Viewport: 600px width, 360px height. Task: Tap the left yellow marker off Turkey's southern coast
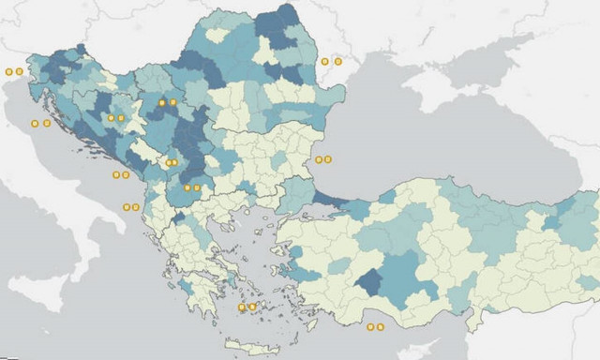coord(370,327)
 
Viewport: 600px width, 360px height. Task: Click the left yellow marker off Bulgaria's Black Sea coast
coord(319,159)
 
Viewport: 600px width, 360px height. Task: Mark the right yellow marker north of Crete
coord(253,307)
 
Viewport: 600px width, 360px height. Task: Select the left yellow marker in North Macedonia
coord(187,187)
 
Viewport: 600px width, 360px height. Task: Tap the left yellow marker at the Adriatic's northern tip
coord(8,71)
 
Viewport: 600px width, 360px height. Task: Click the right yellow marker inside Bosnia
coord(122,118)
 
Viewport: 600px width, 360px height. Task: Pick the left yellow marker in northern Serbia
coord(162,102)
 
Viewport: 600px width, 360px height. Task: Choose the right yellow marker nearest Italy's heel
coord(136,207)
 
